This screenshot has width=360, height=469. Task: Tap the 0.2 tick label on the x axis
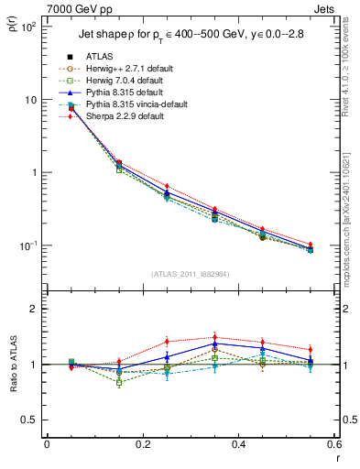pos(142,444)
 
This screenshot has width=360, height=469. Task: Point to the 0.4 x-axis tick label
pos(238,444)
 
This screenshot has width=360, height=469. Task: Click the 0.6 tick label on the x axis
pos(333,444)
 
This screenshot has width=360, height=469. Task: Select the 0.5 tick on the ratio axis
pos(32,420)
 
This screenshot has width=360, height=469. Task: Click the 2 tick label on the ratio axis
pos(36,309)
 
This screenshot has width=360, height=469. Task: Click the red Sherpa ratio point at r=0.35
pos(214,337)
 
